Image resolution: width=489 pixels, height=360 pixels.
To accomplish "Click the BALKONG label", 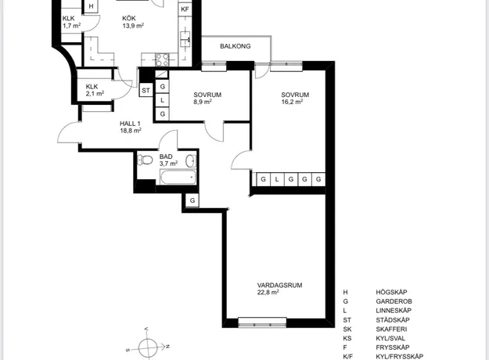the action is click(x=236, y=46).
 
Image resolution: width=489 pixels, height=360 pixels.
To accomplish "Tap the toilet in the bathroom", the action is click(x=145, y=160).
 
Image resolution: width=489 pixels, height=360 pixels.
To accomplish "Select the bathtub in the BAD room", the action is click(x=178, y=177).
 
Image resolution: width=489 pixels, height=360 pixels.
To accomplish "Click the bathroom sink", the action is click(x=191, y=161).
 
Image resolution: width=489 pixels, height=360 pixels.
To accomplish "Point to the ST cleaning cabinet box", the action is click(x=146, y=91).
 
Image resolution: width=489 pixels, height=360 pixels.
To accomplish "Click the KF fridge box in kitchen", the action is click(x=185, y=9).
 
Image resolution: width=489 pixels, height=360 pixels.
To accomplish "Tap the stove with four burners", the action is click(x=162, y=60).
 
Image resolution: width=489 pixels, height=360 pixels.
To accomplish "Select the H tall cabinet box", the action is click(x=91, y=6).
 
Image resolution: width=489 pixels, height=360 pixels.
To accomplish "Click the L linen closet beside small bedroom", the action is click(x=162, y=100).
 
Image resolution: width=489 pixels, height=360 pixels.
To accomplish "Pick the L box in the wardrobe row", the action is click(x=277, y=179).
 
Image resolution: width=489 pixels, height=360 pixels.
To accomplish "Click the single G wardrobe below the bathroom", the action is click(x=192, y=200).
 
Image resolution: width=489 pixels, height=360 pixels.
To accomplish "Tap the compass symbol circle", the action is click(x=148, y=347).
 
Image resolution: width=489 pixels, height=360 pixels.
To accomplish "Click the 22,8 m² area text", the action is click(x=268, y=293).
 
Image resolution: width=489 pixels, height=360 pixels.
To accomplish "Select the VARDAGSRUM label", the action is click(x=279, y=285).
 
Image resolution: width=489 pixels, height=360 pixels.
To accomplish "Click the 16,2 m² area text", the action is click(x=292, y=102).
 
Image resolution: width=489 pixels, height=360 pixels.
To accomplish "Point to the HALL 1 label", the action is click(x=130, y=124).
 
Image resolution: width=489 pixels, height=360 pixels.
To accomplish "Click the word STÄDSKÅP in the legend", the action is click(x=393, y=320).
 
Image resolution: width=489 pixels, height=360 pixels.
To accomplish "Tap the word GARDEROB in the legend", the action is click(x=394, y=301).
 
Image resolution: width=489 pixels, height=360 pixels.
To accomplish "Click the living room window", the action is click(x=262, y=322).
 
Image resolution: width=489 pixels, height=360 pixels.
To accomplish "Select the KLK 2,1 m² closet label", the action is click(x=95, y=90).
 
